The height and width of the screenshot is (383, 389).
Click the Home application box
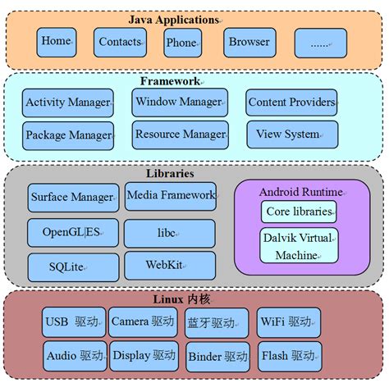(57, 42)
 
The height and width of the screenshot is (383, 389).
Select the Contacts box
(120, 42)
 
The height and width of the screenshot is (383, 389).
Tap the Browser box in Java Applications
(249, 42)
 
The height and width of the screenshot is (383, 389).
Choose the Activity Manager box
(67, 103)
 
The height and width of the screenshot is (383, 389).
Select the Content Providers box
(291, 103)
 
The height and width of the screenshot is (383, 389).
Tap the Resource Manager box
(180, 135)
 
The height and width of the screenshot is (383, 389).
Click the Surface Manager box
(72, 197)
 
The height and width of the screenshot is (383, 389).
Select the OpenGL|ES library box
(72, 233)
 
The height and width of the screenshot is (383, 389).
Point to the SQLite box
(72, 267)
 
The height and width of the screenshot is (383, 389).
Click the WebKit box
(170, 266)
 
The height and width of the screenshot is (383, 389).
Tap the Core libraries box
(300, 212)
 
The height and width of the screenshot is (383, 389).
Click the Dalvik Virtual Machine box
(300, 247)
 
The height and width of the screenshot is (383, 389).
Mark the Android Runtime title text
(300, 192)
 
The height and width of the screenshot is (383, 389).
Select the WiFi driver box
(288, 322)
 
